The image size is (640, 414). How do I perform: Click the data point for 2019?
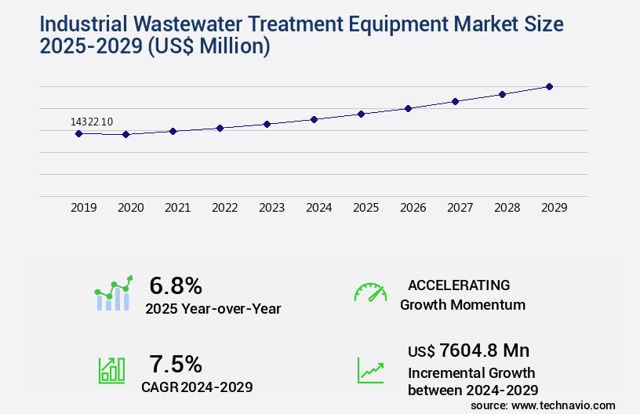(78, 133)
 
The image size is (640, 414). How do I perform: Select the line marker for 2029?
(549, 86)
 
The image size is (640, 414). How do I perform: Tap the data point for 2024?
(314, 119)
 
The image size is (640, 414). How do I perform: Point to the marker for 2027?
(455, 101)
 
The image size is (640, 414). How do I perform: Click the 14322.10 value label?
(92, 122)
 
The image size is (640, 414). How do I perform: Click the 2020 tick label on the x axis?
(131, 208)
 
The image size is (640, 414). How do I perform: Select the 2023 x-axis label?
(272, 208)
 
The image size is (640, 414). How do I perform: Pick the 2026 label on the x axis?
(413, 208)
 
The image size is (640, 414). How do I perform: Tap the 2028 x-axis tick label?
(507, 208)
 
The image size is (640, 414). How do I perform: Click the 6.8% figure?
(176, 285)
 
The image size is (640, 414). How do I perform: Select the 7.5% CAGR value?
(176, 364)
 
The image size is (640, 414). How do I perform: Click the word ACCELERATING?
(459, 285)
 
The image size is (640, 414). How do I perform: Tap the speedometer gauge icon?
(370, 292)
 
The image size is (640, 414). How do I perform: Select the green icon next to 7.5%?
(111, 370)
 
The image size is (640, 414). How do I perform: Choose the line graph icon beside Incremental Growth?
(370, 370)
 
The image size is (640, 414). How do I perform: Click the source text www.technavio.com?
(563, 405)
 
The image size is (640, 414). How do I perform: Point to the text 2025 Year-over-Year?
(213, 309)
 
